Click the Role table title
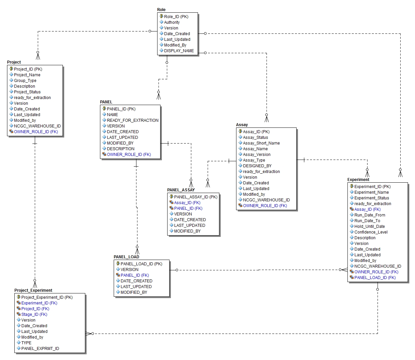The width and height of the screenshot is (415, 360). [161, 10]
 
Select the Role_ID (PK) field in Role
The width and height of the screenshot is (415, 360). [176, 17]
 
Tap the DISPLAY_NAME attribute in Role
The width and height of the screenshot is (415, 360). [179, 51]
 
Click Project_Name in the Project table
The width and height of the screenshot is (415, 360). [27, 75]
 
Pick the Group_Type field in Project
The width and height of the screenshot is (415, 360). [25, 81]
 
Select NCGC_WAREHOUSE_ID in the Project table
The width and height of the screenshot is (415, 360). [37, 126]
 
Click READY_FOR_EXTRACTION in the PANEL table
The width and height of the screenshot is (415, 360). [132, 120]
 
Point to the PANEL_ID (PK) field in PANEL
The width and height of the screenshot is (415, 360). [121, 109]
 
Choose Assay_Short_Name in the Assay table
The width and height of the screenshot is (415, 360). [261, 143]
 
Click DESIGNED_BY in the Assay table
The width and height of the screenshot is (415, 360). [257, 166]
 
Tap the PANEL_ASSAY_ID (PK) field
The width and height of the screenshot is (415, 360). [196, 197]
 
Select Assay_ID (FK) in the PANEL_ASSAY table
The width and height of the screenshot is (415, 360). [187, 203]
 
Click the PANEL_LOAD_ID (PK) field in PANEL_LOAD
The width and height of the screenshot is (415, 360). [141, 264]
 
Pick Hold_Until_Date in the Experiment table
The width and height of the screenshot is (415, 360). [370, 227]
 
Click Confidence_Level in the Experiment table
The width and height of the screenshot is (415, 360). [371, 232]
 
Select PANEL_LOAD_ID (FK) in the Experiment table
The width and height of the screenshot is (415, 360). [375, 278]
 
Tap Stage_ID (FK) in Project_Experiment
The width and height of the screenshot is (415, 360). [34, 314]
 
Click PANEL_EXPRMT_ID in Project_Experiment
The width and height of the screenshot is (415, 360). [40, 349]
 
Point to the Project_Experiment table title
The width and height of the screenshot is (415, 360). [33, 290]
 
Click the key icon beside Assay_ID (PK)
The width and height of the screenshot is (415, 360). [240, 131]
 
